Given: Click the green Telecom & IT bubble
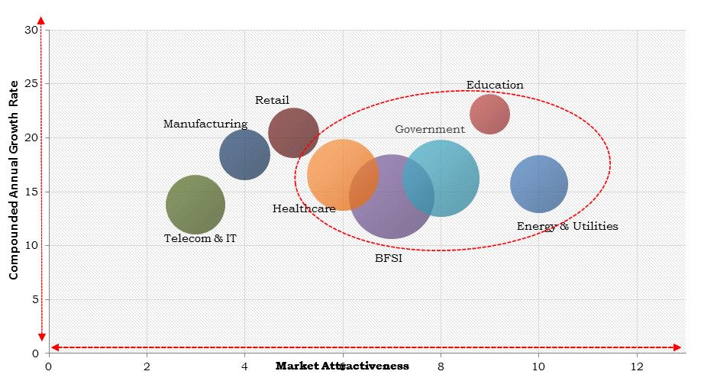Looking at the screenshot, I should (x=195, y=205).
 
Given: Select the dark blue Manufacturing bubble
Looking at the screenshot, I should (x=244, y=155).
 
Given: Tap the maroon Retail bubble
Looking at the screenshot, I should (x=294, y=133).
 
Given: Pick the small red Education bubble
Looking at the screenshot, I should (x=489, y=114).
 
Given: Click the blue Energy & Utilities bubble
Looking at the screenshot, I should (x=538, y=184).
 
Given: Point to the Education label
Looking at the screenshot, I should (x=495, y=85).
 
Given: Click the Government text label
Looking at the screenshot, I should (x=429, y=129).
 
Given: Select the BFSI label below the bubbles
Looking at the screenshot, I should (x=389, y=258).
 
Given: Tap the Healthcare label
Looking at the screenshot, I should (x=304, y=208).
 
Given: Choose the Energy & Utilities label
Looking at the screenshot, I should (x=567, y=226).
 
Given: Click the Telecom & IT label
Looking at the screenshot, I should (x=201, y=238).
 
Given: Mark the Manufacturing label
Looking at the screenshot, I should (x=205, y=124).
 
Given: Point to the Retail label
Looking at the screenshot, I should (x=272, y=100).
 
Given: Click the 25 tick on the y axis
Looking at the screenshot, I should (x=32, y=83).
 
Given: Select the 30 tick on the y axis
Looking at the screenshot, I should (x=32, y=30).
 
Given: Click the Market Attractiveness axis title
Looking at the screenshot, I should (x=342, y=366).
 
